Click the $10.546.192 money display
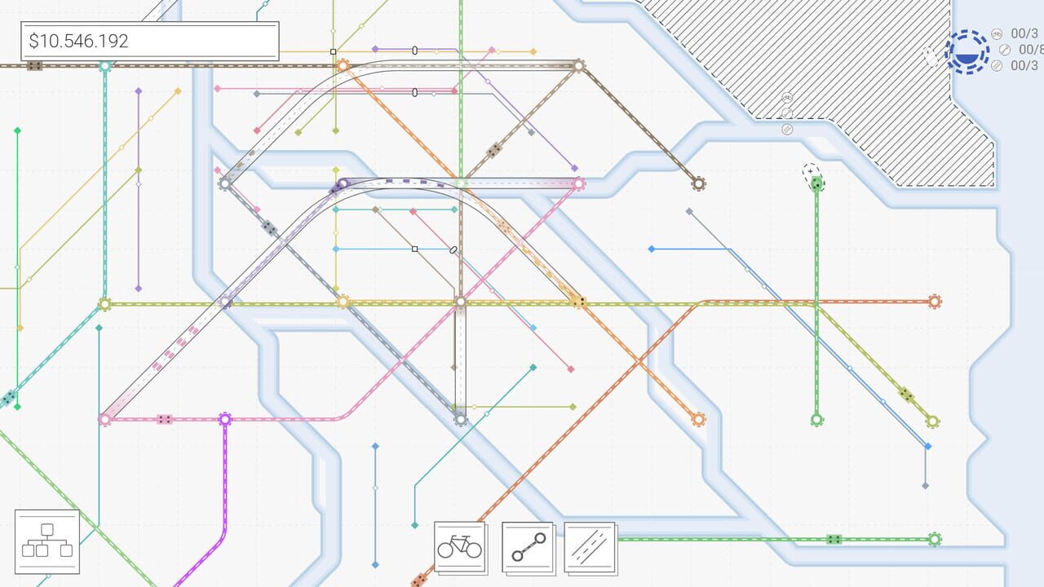coord(149,42)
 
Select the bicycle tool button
coord(459,547)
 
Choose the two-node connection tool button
coord(527,547)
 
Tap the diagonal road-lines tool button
coord(589,547)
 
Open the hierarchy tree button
coord(46,541)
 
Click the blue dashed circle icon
coord(967,51)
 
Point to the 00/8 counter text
coord(1029,50)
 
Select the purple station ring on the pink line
coord(225,419)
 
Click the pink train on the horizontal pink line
coord(165,419)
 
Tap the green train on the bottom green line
coord(834,539)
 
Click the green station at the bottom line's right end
coord(935,539)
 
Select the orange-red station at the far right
coord(935,302)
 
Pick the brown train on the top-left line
coord(34,65)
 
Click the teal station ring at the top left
coord(104,65)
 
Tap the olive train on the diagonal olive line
coord(906,395)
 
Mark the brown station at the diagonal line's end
coord(698,183)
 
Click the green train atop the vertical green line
coord(816,184)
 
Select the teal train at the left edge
coord(8,398)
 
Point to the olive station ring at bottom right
coord(932,421)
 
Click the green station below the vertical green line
coord(816,420)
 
